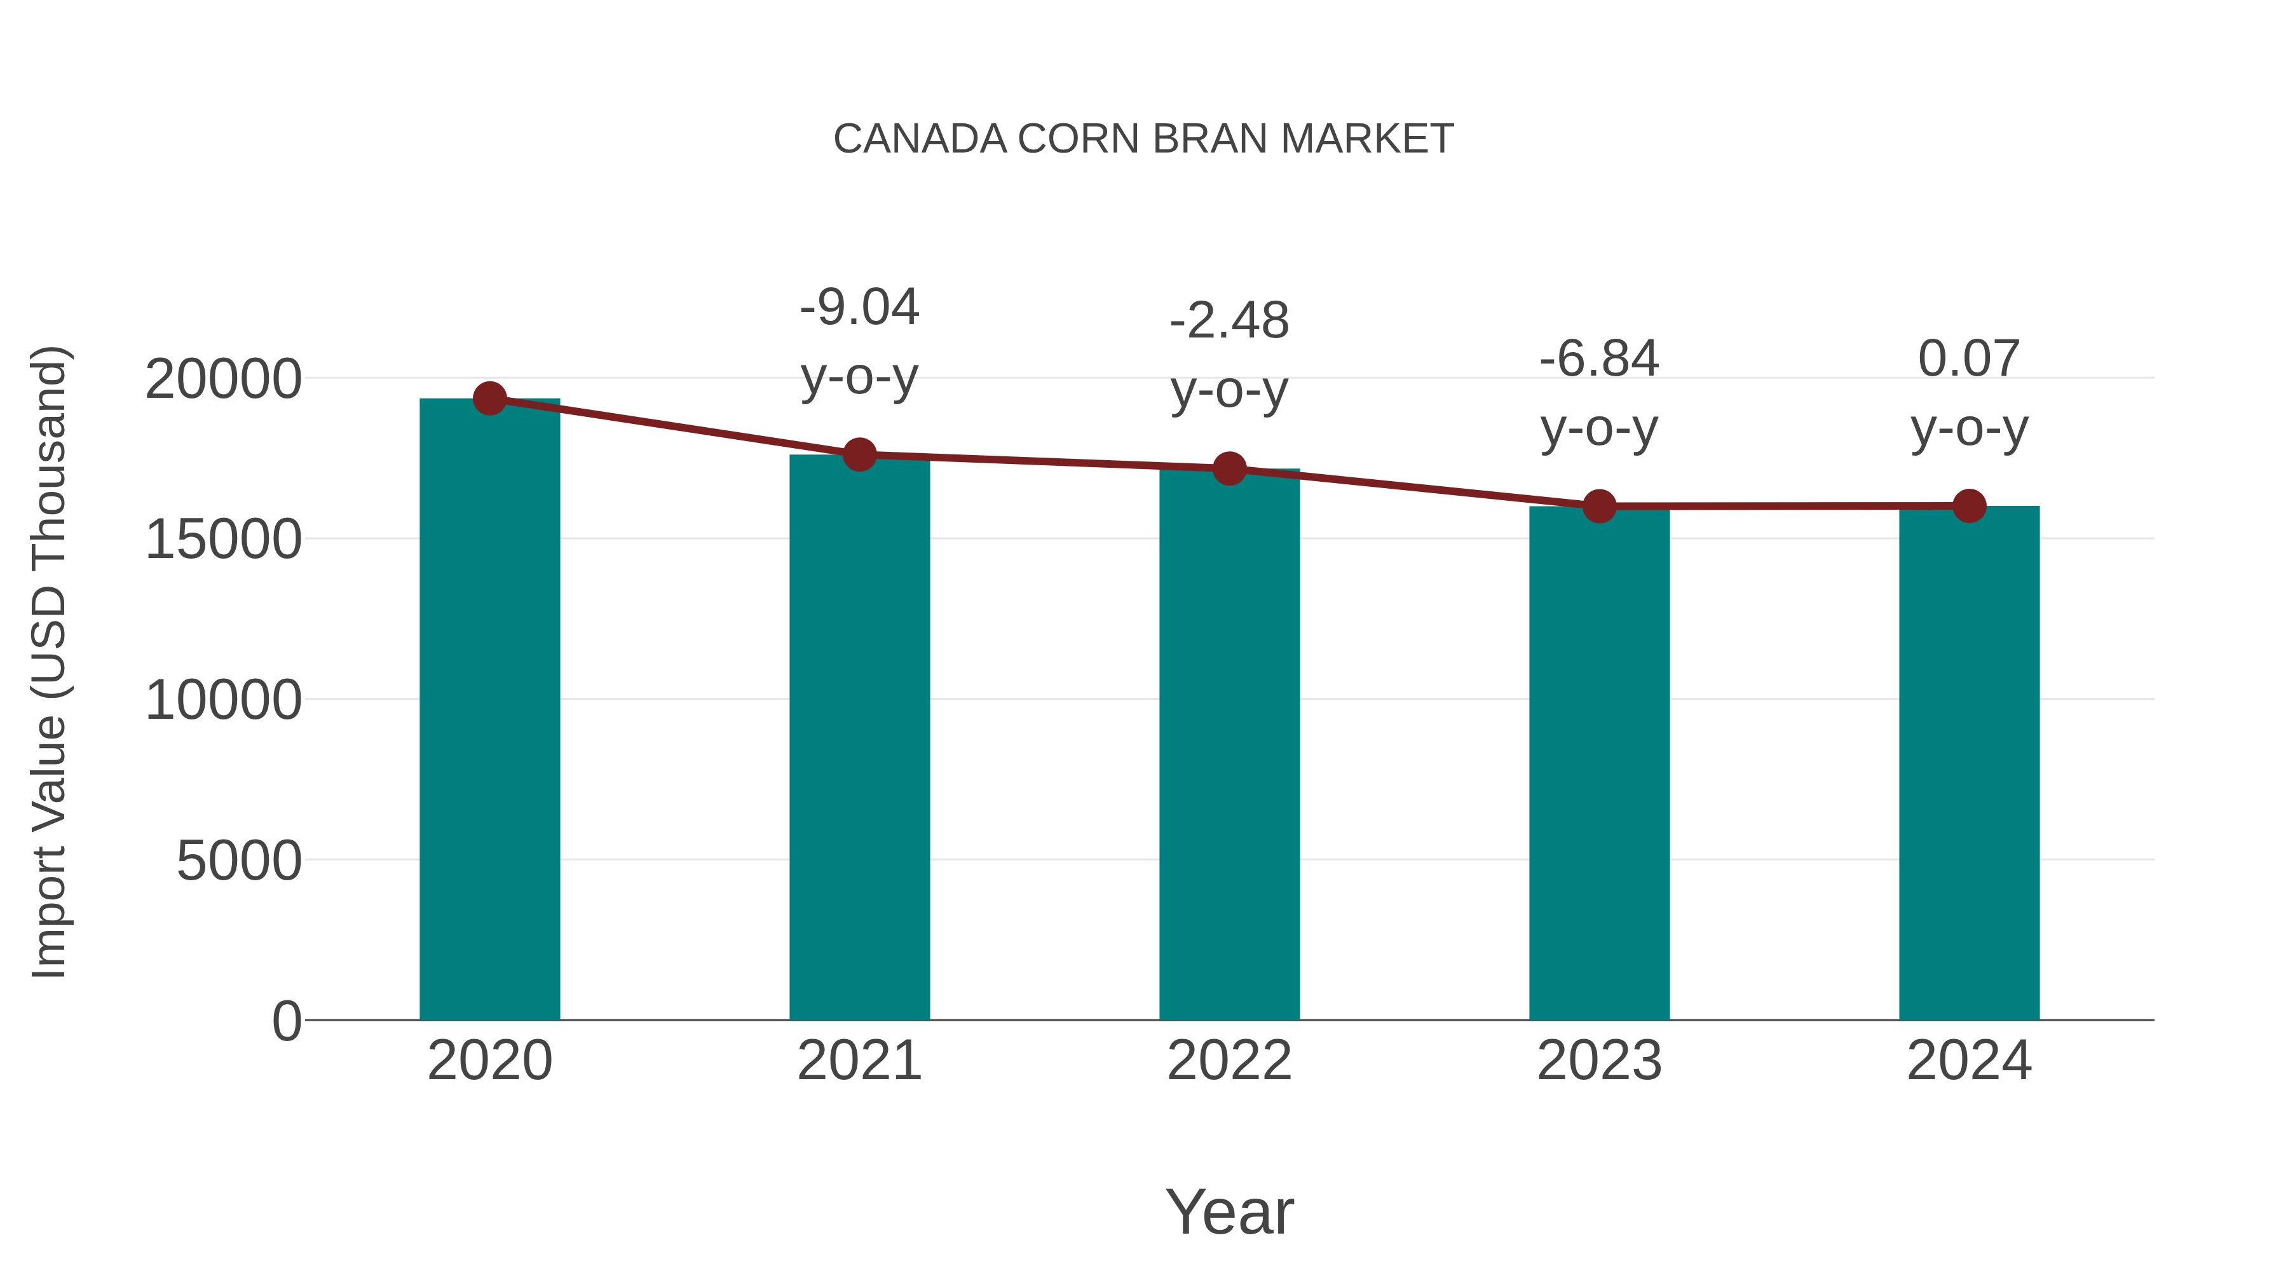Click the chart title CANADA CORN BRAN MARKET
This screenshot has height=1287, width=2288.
click(x=1143, y=139)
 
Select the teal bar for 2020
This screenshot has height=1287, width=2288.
click(x=489, y=711)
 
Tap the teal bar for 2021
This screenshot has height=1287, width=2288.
click(x=859, y=737)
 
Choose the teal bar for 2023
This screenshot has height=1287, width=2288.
click(x=1599, y=764)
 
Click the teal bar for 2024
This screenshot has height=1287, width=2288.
click(x=1969, y=764)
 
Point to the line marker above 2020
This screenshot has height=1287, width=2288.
click(x=489, y=398)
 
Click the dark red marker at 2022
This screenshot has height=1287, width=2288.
click(x=1229, y=468)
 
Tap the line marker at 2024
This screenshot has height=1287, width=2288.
click(x=1969, y=505)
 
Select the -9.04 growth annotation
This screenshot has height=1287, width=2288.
click(x=859, y=308)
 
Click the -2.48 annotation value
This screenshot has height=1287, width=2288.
click(x=1229, y=321)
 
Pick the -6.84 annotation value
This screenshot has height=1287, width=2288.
click(x=1599, y=360)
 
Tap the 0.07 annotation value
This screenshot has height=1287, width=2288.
click(x=1969, y=360)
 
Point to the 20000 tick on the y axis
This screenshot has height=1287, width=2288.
click(x=223, y=379)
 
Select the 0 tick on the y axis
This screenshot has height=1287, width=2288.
click(x=286, y=1021)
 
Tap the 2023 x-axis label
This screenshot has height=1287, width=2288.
click(x=1599, y=1061)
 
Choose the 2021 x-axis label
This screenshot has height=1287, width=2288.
click(x=859, y=1061)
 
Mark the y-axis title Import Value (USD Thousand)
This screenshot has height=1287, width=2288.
click(x=49, y=662)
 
